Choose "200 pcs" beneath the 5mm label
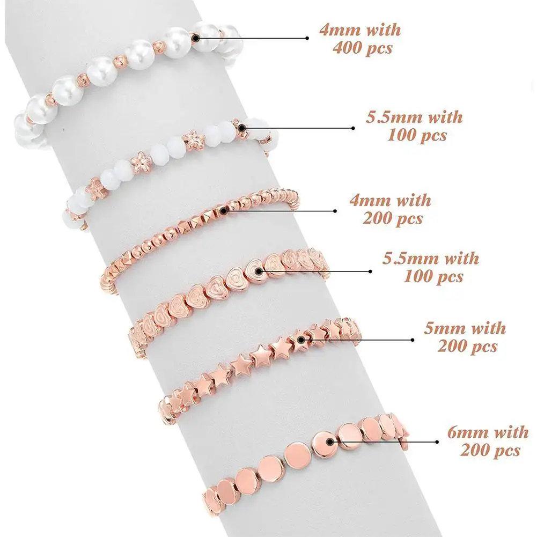(467, 346)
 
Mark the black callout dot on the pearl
(195, 38)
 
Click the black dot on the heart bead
(260, 271)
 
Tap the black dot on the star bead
(301, 339)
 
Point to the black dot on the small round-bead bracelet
(222, 210)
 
